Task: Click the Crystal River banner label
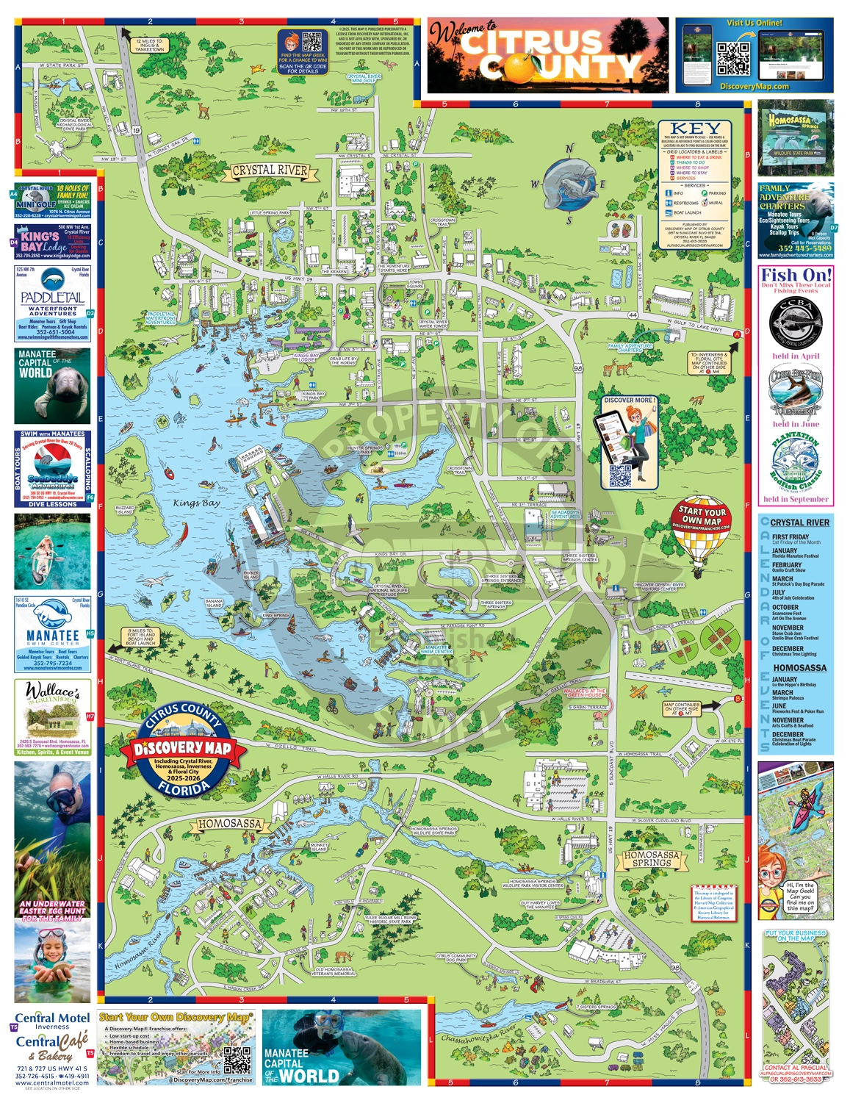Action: pos(270,170)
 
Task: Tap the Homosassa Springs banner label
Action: pos(651,859)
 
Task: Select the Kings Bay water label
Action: pos(196,503)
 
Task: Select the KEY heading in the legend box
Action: pos(694,129)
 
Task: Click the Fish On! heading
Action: pos(796,276)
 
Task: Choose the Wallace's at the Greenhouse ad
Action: pos(52,716)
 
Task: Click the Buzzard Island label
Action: pos(125,509)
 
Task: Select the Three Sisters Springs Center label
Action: pos(580,558)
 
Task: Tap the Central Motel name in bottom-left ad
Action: pos(52,1018)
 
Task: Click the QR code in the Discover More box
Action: pos(620,476)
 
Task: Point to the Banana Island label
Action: pos(214,603)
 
